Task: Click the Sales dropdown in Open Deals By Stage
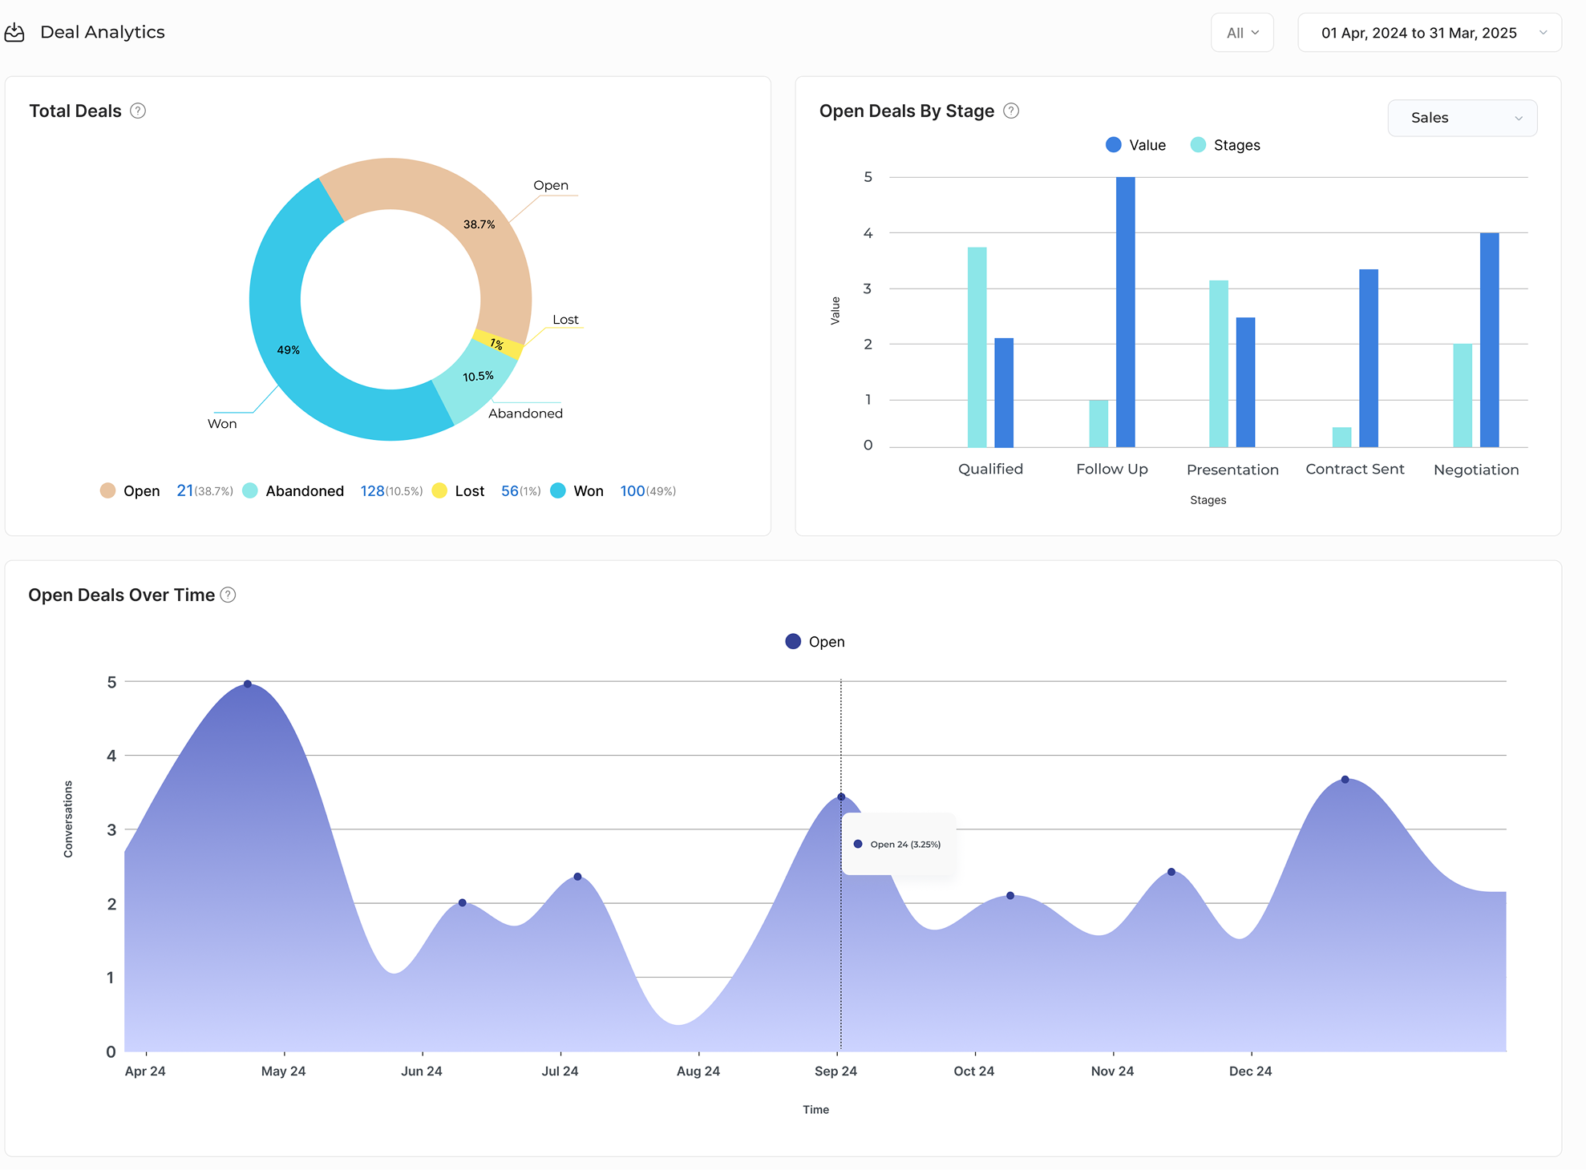click(x=1462, y=118)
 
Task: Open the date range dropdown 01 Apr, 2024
click(x=1429, y=33)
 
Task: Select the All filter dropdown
click(x=1242, y=33)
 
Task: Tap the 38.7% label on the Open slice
click(x=479, y=224)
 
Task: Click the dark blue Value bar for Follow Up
click(x=1125, y=313)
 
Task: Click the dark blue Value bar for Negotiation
click(x=1489, y=340)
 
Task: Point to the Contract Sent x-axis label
click(x=1354, y=470)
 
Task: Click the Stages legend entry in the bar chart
click(x=1226, y=145)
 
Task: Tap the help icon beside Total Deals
click(x=138, y=111)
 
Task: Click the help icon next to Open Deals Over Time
click(x=228, y=595)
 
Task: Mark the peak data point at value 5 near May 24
click(x=248, y=684)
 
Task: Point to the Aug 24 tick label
click(x=698, y=1071)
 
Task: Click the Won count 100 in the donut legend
click(x=632, y=491)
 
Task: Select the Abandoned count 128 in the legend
click(x=372, y=491)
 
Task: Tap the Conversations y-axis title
click(x=68, y=819)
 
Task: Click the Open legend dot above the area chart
click(x=793, y=641)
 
